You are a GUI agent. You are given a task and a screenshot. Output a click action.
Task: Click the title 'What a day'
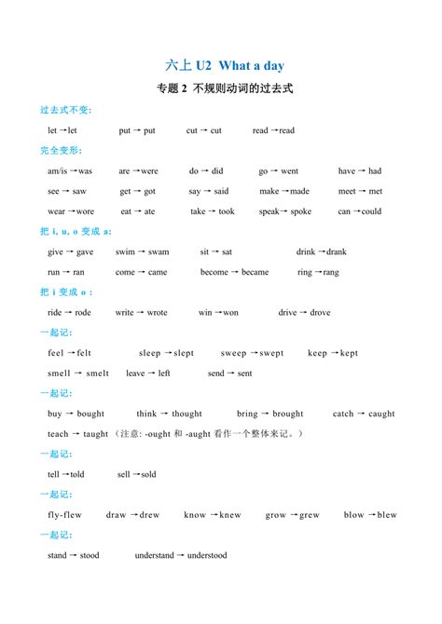[x=251, y=65]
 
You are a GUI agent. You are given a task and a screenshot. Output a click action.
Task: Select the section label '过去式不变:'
[x=66, y=110]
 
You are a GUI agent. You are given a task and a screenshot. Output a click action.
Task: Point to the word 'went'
[x=289, y=171]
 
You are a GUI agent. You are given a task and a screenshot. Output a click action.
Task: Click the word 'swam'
[x=159, y=251]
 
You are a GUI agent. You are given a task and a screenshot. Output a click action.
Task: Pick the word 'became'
[x=255, y=272]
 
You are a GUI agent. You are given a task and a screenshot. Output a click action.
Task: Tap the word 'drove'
[x=320, y=313]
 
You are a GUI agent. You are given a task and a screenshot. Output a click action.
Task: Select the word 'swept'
[x=271, y=353]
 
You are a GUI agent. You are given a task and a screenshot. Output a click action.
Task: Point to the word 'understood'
[x=207, y=555]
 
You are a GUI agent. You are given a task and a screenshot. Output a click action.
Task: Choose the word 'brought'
[x=288, y=414]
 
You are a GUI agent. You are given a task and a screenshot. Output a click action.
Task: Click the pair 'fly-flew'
[x=64, y=515]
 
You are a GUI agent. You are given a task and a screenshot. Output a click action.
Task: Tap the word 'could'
[x=371, y=211]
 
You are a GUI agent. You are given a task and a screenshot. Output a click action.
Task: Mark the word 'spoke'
[x=300, y=211]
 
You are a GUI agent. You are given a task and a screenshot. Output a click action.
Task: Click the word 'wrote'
[x=157, y=313]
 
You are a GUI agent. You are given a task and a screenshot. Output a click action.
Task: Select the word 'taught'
[x=96, y=434]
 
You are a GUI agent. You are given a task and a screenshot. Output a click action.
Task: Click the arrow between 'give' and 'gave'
[x=70, y=251]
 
